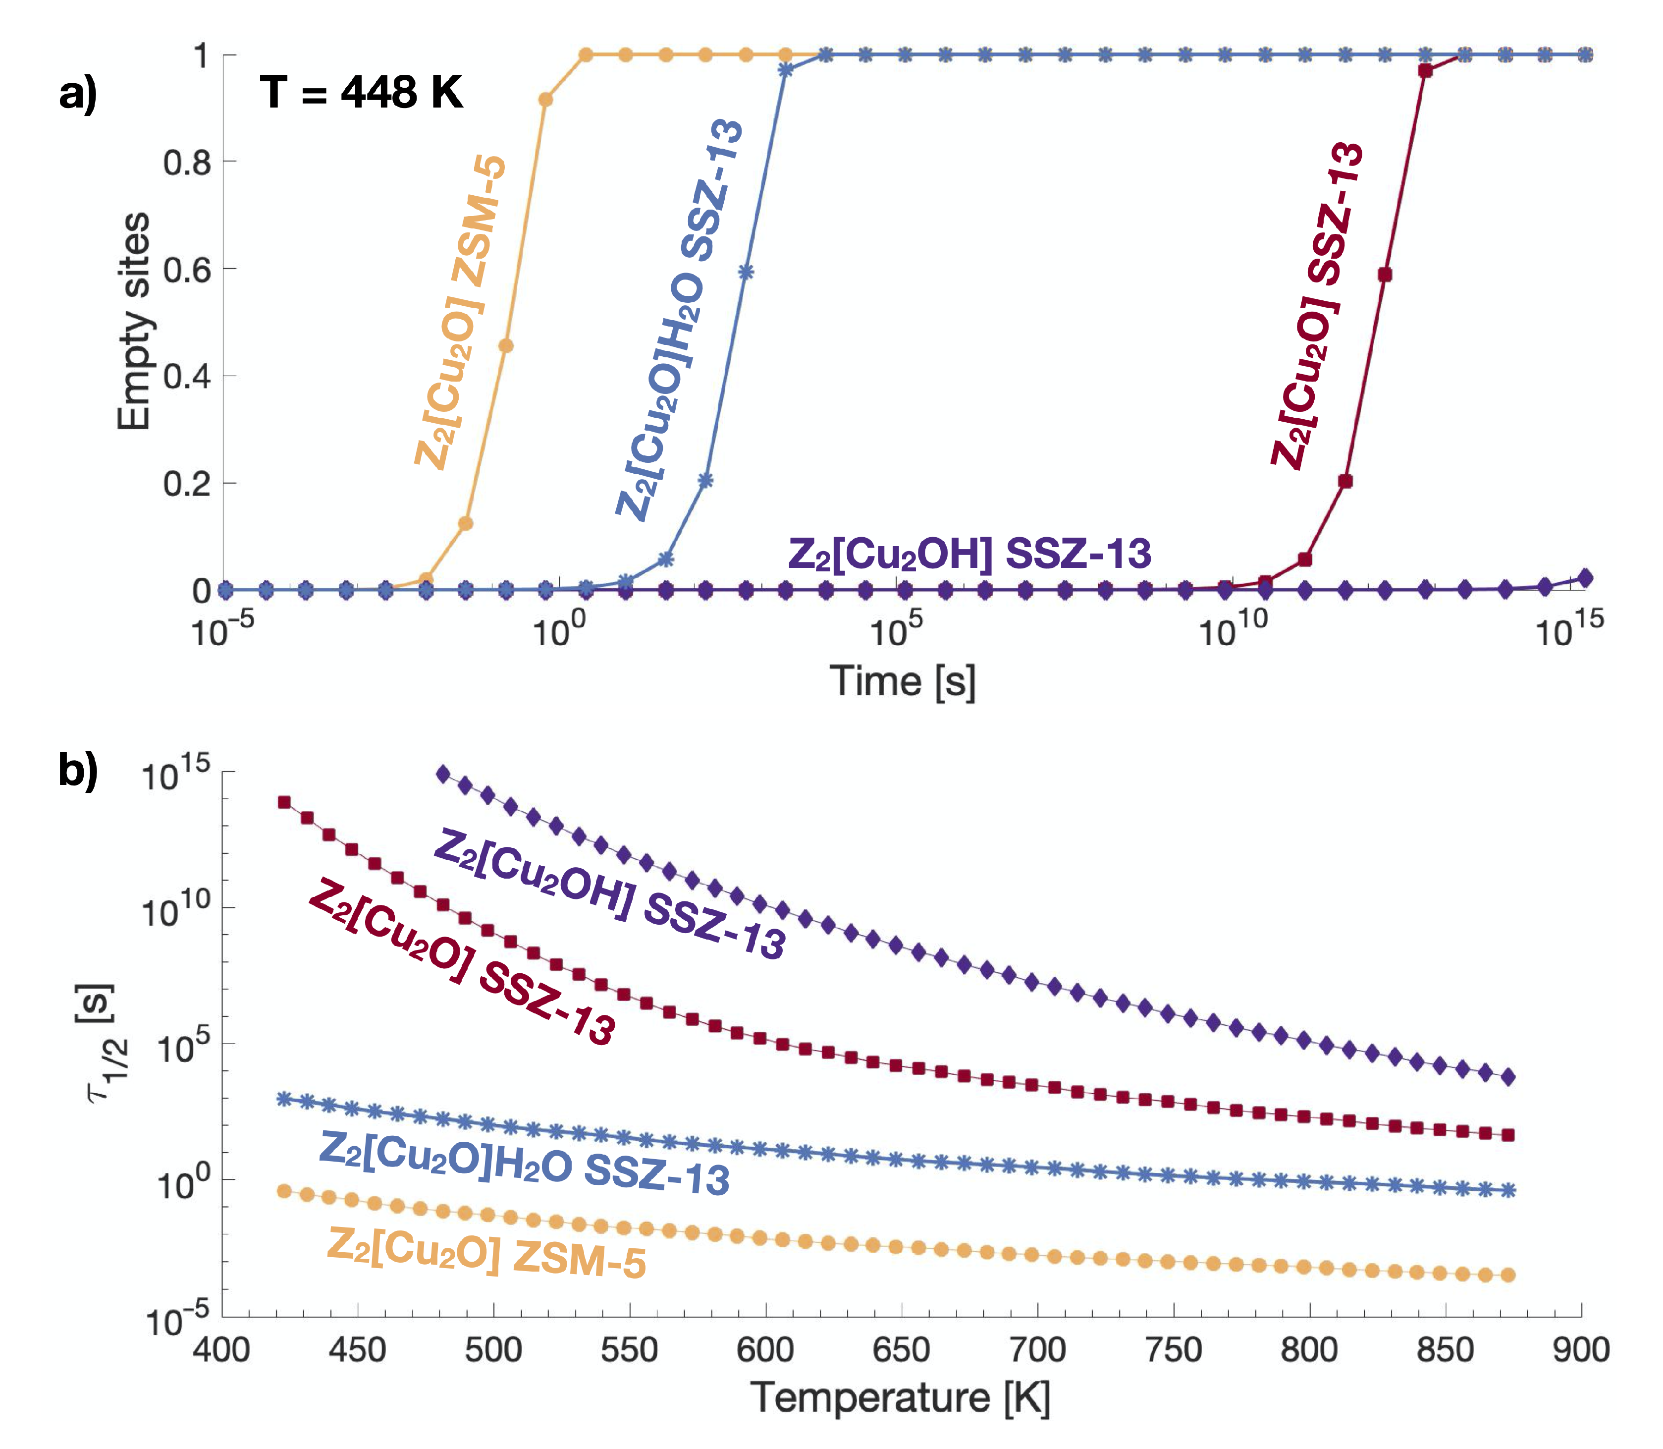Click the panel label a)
click(x=78, y=94)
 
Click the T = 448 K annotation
click(x=361, y=92)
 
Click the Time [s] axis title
click(x=902, y=681)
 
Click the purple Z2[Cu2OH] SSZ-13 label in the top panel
click(x=969, y=555)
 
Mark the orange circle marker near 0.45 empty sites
click(x=506, y=346)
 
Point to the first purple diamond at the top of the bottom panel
click(x=443, y=774)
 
